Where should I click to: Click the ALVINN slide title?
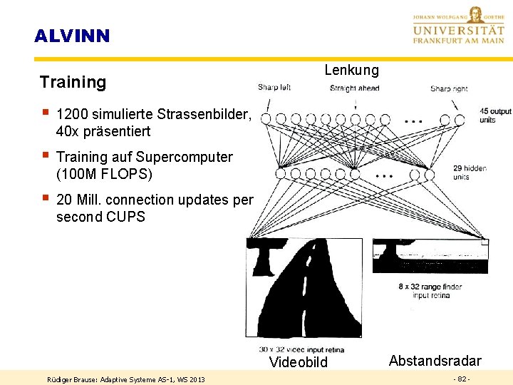pos(72,36)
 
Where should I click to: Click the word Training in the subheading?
pos(73,82)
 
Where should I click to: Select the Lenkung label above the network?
pos(351,70)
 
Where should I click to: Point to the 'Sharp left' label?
pos(274,88)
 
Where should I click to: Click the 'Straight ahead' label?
pos(354,88)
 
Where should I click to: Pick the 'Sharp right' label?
pos(449,89)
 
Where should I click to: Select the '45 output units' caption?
pos(495,115)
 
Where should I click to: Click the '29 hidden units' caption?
pos(470,173)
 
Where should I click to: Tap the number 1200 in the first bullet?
pos(71,114)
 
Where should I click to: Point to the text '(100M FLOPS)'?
pos(104,174)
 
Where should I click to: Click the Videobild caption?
pos(299,362)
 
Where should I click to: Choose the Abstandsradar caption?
pos(435,361)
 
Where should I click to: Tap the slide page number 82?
pos(461,379)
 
